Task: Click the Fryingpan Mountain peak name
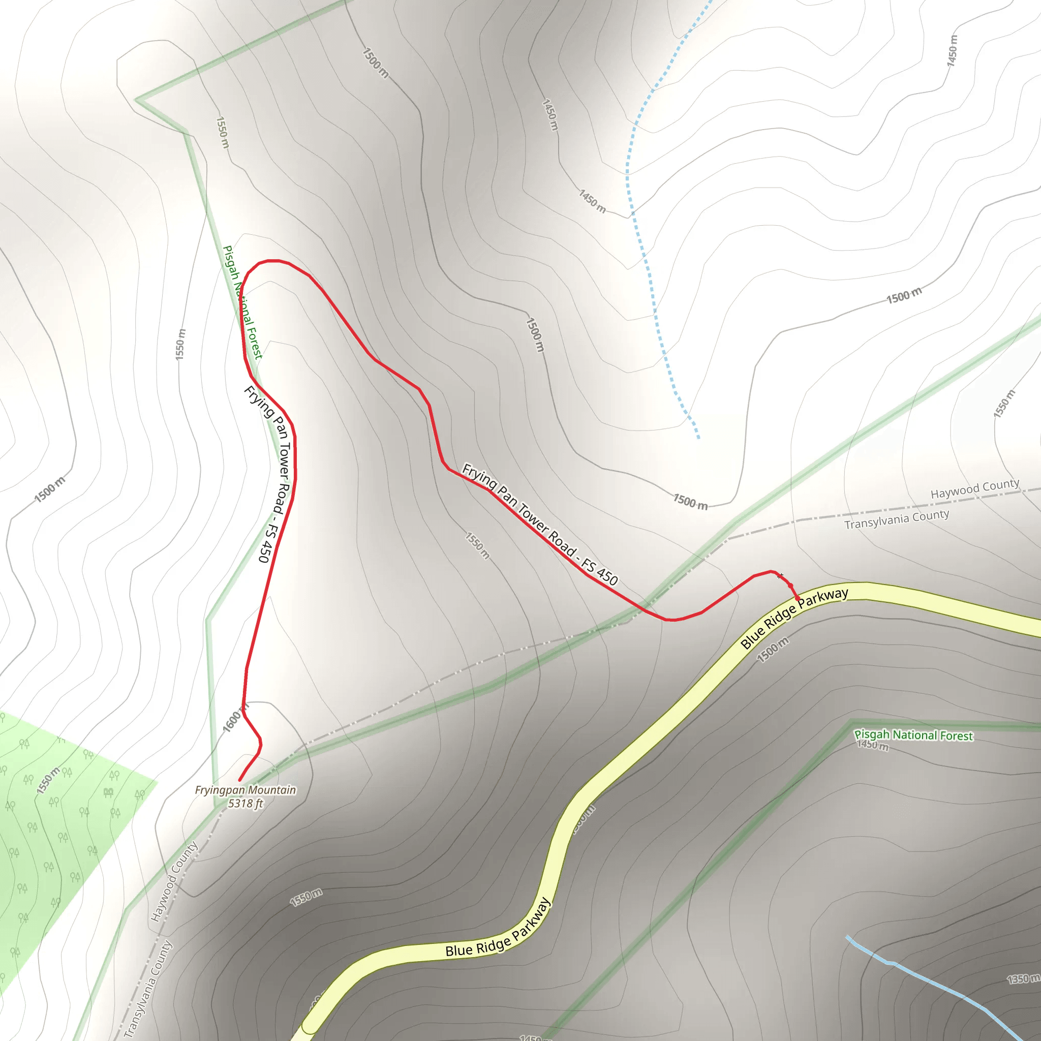(x=245, y=790)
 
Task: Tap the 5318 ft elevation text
(x=245, y=804)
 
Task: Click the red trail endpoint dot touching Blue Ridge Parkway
(x=798, y=598)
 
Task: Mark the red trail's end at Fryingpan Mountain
(x=240, y=780)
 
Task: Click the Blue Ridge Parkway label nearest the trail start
(x=794, y=618)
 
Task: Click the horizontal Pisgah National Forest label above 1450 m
(x=914, y=735)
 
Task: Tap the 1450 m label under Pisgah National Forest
(x=872, y=746)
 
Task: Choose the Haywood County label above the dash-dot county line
(x=975, y=488)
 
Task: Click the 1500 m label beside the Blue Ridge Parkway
(x=773, y=649)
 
